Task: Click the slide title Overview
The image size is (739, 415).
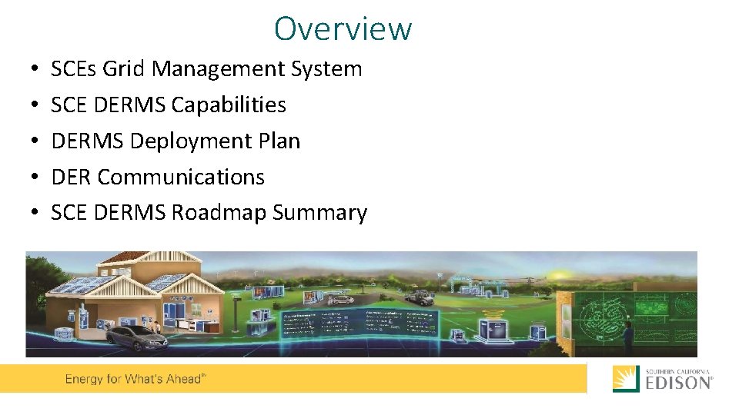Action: point(343,29)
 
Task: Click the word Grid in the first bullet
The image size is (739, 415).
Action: point(124,69)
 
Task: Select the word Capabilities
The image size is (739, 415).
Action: point(229,105)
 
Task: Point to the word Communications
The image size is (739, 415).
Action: point(181,178)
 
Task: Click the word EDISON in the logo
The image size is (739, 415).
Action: point(677,383)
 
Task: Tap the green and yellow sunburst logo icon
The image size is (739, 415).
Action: point(626,379)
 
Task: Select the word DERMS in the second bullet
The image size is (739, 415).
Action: point(129,105)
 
